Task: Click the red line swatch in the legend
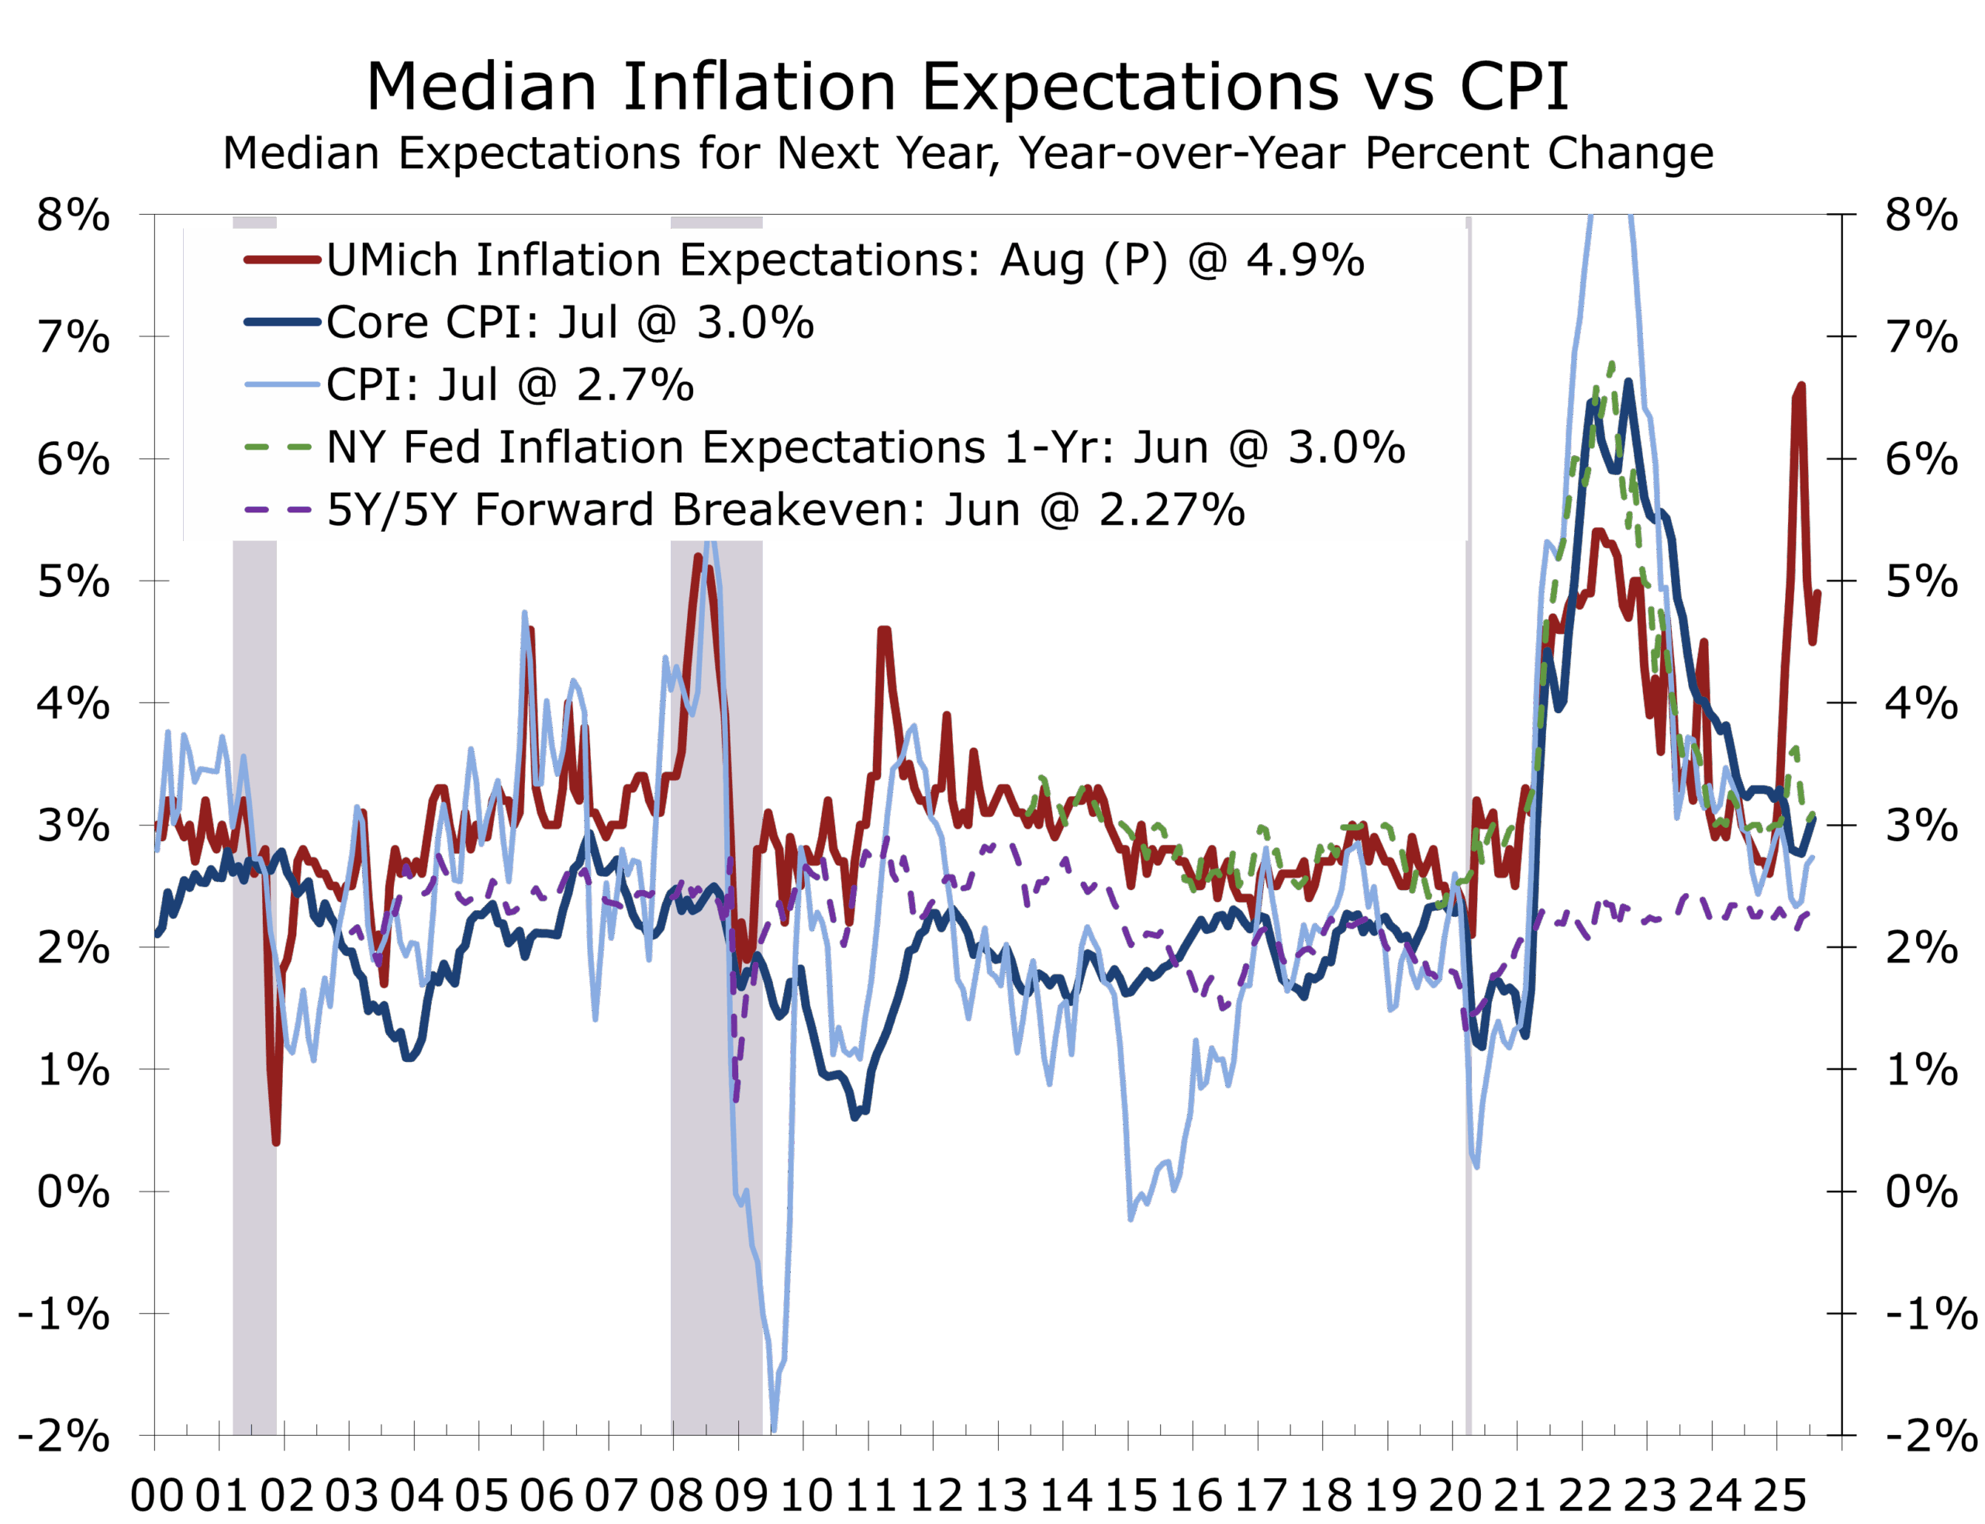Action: tap(282, 260)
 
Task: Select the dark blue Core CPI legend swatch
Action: tap(282, 322)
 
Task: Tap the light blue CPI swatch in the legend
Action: tap(282, 384)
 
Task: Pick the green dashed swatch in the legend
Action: tap(278, 447)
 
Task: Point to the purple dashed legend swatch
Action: tap(278, 509)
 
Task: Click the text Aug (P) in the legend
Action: tap(1084, 260)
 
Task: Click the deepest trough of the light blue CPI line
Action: tap(774, 1429)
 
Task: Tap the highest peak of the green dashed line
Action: tap(1612, 364)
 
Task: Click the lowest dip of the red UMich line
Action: tap(276, 1142)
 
